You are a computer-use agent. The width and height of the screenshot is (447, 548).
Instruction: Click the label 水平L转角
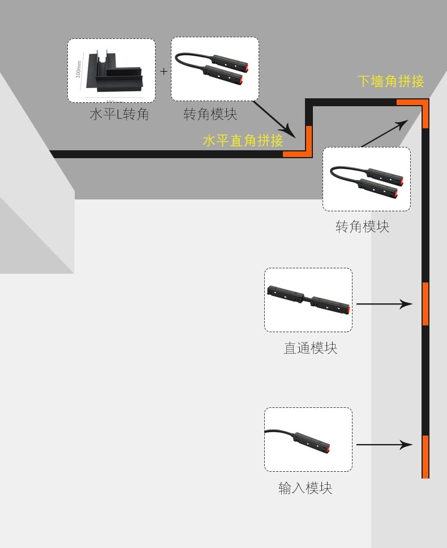pyautogui.click(x=119, y=115)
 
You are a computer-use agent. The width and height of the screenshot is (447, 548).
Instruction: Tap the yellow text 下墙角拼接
pyautogui.click(x=390, y=81)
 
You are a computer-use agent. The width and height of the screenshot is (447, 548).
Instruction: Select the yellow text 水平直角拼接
pyautogui.click(x=243, y=141)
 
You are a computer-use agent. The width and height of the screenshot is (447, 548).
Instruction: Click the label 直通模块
pyautogui.click(x=310, y=348)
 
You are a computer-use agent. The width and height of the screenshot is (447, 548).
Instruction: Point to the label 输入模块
pyautogui.click(x=305, y=488)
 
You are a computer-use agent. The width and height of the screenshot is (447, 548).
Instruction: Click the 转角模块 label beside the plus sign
pyautogui.click(x=210, y=115)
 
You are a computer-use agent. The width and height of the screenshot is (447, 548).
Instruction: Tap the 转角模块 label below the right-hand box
pyautogui.click(x=362, y=227)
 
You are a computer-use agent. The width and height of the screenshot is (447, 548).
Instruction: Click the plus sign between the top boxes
pyautogui.click(x=164, y=72)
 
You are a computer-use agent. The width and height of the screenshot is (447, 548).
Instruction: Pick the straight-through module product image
pyautogui.click(x=309, y=299)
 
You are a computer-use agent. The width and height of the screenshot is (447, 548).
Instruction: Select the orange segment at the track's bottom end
pyautogui.click(x=425, y=456)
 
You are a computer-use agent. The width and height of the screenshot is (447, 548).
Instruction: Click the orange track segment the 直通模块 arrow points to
pyautogui.click(x=425, y=304)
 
